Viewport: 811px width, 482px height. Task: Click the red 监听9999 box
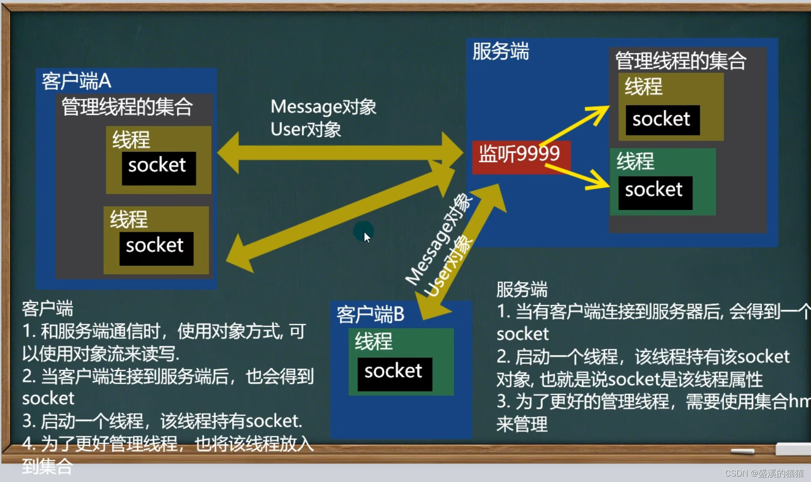point(520,156)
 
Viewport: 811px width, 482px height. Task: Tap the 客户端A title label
point(76,81)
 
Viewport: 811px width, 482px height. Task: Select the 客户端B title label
point(370,315)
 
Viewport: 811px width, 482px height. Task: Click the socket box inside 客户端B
point(394,373)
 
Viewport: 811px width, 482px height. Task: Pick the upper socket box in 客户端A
point(158,167)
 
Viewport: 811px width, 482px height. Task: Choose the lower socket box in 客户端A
point(156,248)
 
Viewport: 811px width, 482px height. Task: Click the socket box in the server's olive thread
point(662,120)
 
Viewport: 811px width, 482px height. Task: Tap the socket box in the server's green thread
point(655,192)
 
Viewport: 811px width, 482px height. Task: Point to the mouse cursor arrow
point(366,237)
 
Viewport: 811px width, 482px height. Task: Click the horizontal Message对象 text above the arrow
point(323,107)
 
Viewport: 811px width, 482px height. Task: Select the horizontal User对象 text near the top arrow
point(305,130)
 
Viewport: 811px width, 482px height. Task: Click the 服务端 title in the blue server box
point(501,51)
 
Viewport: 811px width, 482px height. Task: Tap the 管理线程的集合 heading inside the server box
point(680,61)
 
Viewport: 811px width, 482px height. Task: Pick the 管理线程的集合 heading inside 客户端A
point(127,107)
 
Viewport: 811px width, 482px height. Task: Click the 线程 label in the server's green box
point(635,161)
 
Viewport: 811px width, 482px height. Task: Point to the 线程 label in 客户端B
point(373,341)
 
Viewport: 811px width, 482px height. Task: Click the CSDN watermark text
point(764,473)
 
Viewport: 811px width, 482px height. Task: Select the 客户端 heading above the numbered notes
point(48,309)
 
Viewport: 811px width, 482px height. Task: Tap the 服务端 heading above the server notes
point(522,290)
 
